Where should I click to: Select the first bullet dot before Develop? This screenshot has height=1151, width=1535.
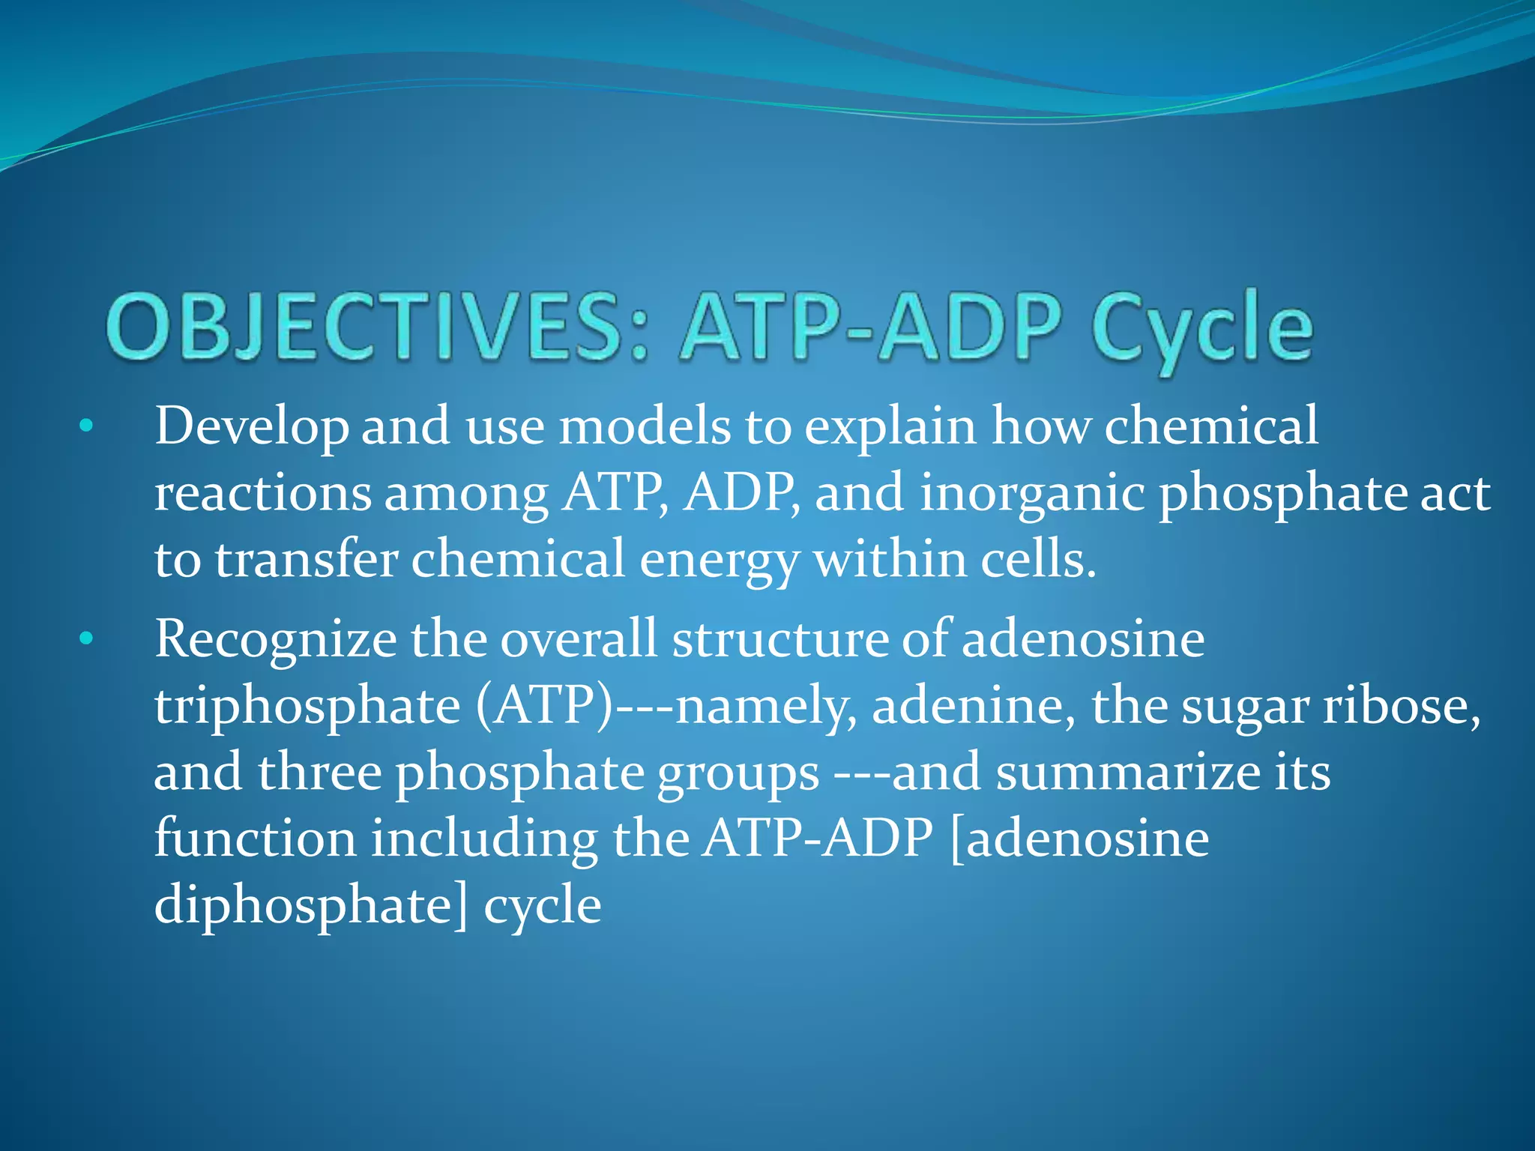[x=86, y=426]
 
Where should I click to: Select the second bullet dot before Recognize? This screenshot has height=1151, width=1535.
[x=86, y=638]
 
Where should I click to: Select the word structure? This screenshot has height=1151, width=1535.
[x=779, y=639]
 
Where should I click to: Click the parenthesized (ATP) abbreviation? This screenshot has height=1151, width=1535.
[x=544, y=706]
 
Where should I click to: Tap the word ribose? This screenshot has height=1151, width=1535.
[x=1401, y=706]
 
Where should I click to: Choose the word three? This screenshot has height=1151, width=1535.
[x=319, y=772]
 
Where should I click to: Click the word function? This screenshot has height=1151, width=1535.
[x=255, y=838]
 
